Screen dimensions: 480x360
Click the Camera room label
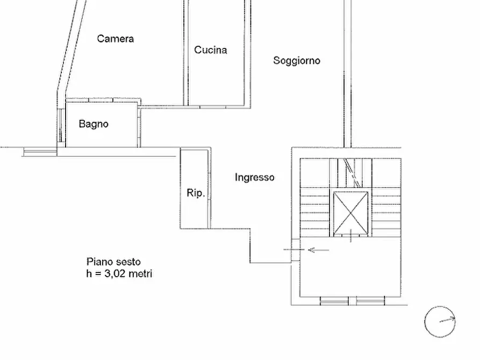(x=116, y=39)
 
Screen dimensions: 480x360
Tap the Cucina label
(x=211, y=50)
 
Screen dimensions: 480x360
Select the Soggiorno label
(x=297, y=61)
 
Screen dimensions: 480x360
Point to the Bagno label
(x=94, y=124)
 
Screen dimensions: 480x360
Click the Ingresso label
(x=254, y=177)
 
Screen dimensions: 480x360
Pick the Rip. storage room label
(x=196, y=193)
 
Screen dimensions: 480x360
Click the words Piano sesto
(x=113, y=262)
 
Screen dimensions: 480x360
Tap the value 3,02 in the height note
(x=115, y=273)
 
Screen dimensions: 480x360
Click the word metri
(x=140, y=273)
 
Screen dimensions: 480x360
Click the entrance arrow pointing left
(x=318, y=250)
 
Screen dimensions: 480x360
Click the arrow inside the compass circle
(x=447, y=320)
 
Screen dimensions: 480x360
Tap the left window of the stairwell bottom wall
(x=334, y=301)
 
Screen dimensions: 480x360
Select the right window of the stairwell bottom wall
(x=370, y=301)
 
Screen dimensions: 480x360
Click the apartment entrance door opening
(x=296, y=250)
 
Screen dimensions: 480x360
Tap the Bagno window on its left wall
(x=61, y=125)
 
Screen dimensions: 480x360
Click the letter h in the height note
(x=89, y=273)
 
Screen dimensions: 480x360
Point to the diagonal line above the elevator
(x=352, y=173)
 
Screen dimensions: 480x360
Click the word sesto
(x=128, y=262)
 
